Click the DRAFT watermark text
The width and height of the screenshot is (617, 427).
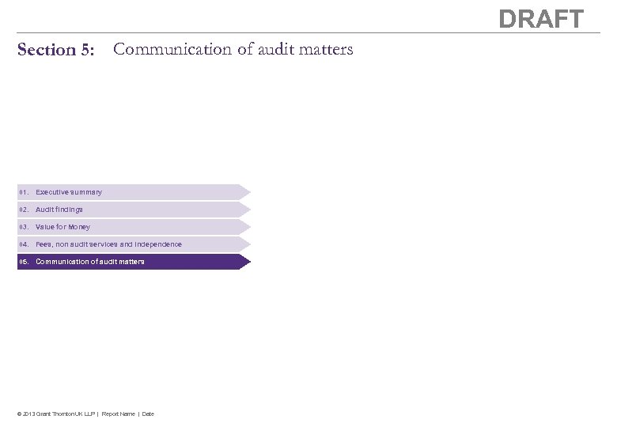tap(541, 19)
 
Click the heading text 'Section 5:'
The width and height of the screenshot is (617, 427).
tap(55, 51)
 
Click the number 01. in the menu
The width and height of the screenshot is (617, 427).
tap(25, 192)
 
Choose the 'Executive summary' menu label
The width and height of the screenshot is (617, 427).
tap(69, 192)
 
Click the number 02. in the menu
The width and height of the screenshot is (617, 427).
tap(25, 210)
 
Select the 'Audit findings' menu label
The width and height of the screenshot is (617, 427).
tap(59, 210)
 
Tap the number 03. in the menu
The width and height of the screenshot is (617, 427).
tap(25, 227)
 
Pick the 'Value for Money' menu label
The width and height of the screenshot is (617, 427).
tap(63, 227)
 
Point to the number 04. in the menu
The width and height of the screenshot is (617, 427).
tap(25, 244)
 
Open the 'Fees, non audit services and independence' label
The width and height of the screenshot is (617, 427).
tap(108, 244)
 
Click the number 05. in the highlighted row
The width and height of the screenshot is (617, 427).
tap(25, 262)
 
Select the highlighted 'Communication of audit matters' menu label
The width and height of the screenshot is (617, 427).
tap(90, 262)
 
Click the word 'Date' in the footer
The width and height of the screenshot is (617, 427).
tap(148, 414)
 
